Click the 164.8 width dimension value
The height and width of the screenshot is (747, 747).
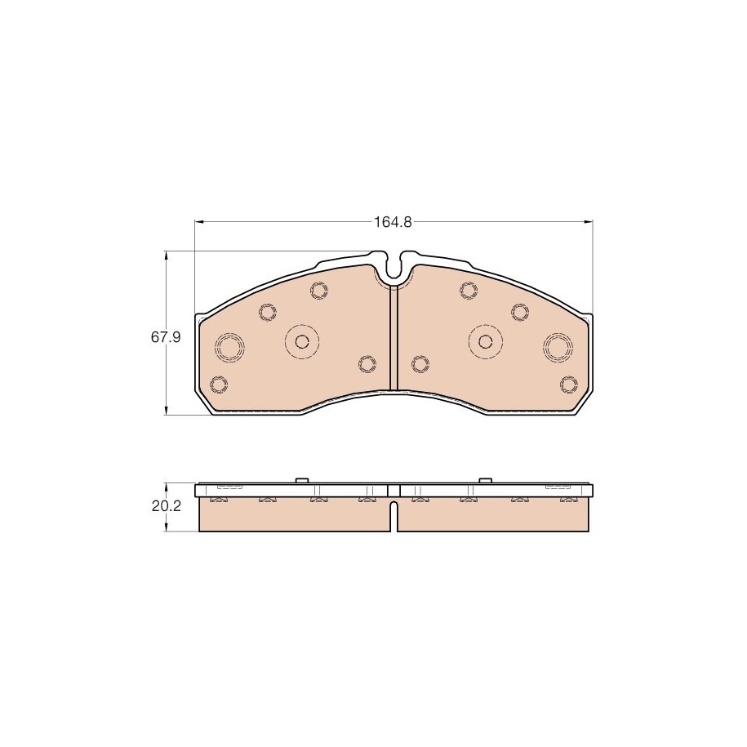(x=393, y=222)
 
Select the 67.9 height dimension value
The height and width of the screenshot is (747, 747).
(x=166, y=337)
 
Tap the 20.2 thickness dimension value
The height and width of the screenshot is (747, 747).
(x=167, y=506)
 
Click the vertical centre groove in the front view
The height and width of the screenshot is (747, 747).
(x=394, y=337)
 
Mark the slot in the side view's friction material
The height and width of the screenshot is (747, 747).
(x=394, y=516)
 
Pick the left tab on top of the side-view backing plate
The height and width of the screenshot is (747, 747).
(x=302, y=480)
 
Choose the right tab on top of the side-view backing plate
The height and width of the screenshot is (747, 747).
(x=485, y=480)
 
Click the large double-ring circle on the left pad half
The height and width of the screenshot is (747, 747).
(x=229, y=346)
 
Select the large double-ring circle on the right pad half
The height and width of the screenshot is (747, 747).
(x=558, y=346)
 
